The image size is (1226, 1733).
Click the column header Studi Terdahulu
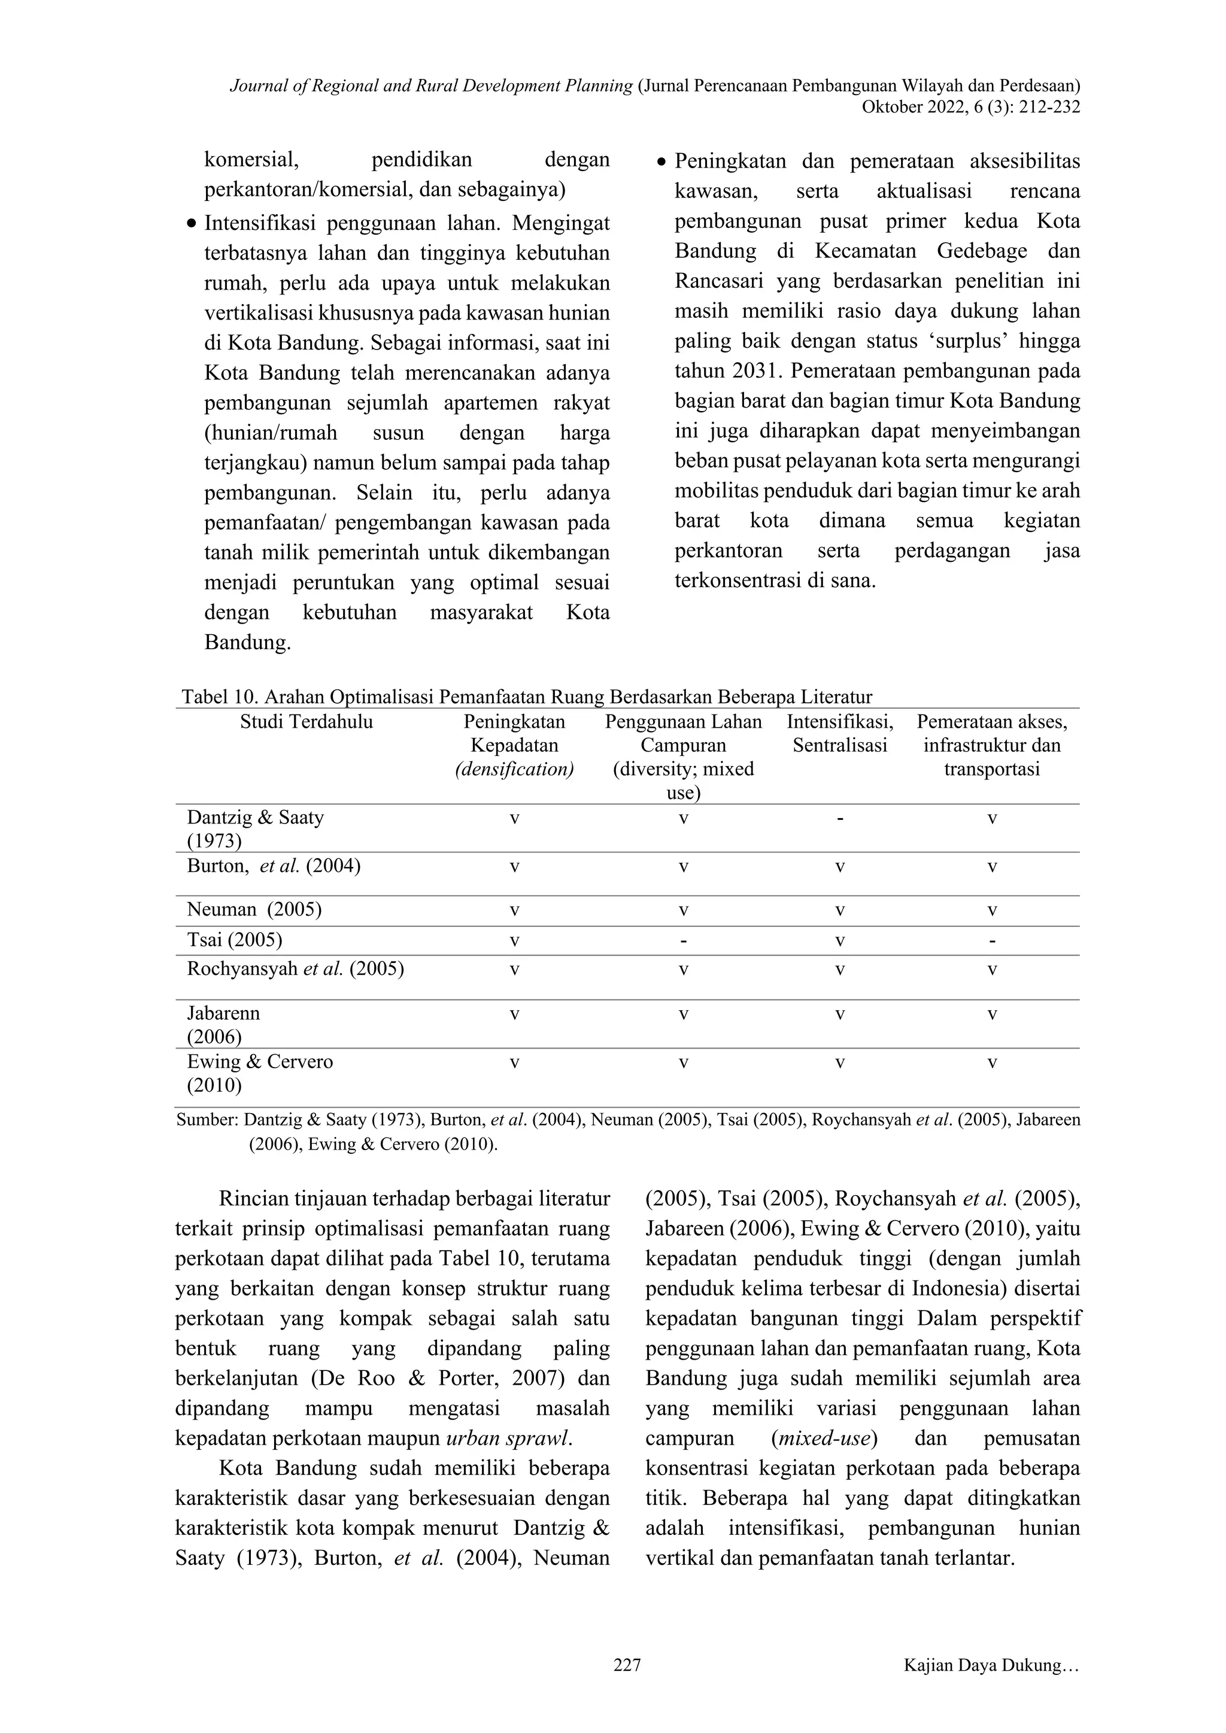point(306,722)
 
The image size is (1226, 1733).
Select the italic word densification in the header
point(514,769)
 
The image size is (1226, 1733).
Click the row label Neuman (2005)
point(254,910)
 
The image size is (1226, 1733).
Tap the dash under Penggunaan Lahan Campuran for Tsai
point(682,941)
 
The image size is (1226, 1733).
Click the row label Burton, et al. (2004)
point(274,866)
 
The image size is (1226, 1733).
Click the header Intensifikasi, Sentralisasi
point(839,734)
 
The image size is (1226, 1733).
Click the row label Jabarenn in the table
point(223,1013)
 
